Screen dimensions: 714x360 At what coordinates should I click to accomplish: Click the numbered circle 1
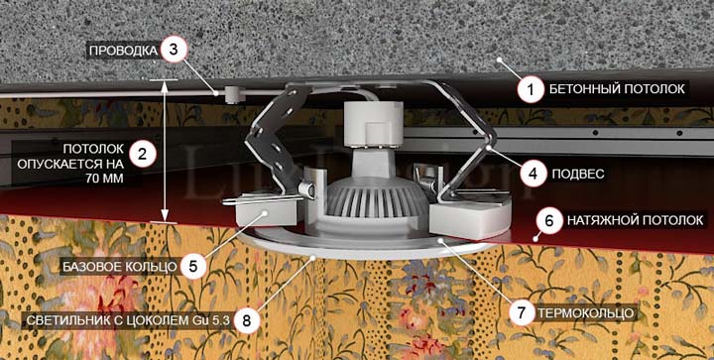(531, 88)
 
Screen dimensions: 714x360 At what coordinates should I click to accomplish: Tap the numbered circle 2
(143, 155)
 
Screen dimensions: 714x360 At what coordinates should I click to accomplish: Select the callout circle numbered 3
(173, 50)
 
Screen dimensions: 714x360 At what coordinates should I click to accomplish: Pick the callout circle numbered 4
(534, 173)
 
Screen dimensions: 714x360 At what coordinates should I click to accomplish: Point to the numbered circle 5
(193, 266)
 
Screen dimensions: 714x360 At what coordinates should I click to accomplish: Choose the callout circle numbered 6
(549, 221)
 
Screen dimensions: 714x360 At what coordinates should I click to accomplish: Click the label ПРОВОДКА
(123, 51)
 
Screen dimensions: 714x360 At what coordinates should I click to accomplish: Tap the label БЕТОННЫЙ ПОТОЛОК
(617, 89)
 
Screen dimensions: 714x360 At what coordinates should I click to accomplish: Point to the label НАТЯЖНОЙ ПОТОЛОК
(635, 221)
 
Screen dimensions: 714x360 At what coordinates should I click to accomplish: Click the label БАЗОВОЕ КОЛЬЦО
(119, 266)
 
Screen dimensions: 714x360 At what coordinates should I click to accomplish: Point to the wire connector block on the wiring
(234, 94)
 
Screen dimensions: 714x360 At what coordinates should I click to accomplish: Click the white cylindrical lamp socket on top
(374, 124)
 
